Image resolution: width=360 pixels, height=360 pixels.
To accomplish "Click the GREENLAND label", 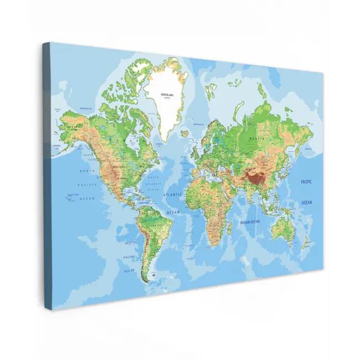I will (167, 95).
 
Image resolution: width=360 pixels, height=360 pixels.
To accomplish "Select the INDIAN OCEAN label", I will (250, 222).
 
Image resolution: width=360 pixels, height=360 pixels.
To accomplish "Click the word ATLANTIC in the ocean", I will (172, 196).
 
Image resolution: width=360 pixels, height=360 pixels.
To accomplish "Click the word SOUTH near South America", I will (129, 243).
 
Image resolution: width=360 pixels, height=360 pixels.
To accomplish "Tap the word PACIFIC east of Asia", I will (306, 182).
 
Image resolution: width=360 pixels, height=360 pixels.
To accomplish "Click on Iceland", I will (184, 133).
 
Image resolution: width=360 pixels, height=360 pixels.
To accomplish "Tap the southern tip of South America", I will (146, 280).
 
